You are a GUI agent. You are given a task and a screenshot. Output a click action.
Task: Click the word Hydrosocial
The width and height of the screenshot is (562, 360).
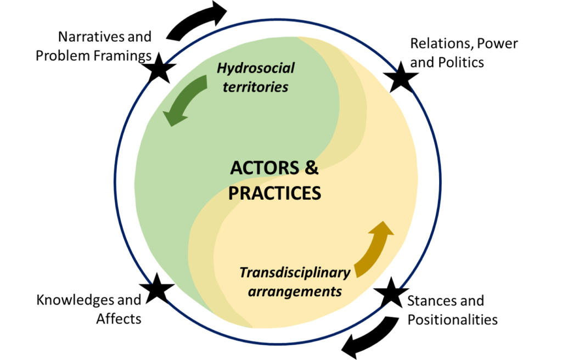click(255, 68)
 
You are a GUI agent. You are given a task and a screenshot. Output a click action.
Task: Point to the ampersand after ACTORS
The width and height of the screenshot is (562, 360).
click(311, 168)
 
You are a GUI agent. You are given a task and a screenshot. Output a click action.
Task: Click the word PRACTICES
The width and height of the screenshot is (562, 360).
click(274, 193)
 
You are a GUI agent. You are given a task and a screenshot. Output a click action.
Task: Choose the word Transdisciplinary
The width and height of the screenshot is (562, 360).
click(295, 272)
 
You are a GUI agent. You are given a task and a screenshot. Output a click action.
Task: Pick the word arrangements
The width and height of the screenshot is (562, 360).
click(295, 291)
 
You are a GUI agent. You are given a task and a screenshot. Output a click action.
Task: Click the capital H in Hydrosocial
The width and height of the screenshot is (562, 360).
click(222, 68)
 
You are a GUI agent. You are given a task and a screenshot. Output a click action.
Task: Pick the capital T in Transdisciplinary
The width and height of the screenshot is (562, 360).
click(243, 272)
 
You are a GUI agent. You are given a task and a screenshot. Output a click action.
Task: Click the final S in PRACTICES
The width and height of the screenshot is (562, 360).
click(316, 193)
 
